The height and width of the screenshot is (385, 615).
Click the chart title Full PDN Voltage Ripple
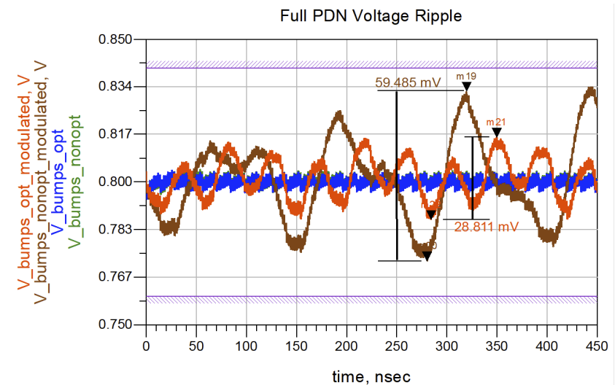[x=371, y=16]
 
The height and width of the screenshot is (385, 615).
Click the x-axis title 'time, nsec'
[x=371, y=376]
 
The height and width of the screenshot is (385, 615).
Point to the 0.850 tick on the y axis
[x=115, y=39]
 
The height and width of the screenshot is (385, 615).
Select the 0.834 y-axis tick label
[x=115, y=87]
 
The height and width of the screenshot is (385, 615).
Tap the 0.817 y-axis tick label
[x=115, y=134]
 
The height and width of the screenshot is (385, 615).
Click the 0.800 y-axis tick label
[x=115, y=182]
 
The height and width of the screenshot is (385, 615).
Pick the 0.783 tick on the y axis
[x=115, y=229]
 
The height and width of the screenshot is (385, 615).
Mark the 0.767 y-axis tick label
[x=115, y=276]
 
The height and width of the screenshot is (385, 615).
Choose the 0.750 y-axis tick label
[x=115, y=324]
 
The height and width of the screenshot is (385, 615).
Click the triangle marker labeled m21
[x=497, y=132]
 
